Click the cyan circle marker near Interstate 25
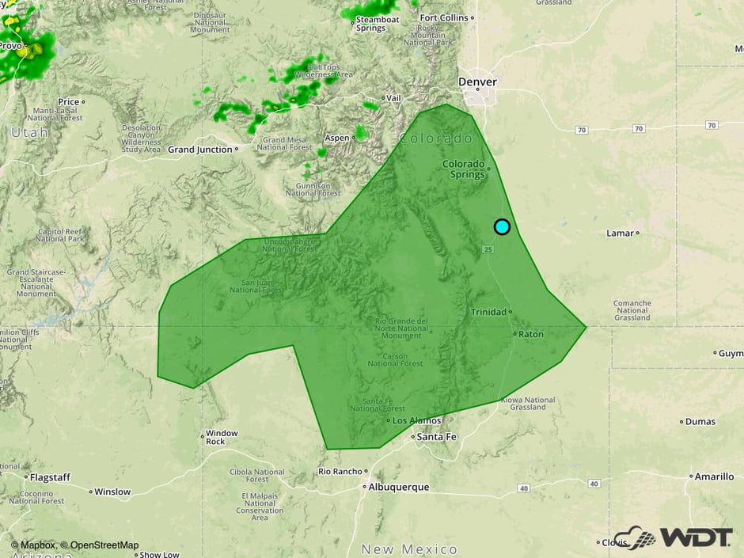502,226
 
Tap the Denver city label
477,82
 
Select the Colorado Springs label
463,169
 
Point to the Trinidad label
488,312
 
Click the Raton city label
530,334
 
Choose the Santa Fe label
435,437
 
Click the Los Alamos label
415,419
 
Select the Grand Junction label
200,149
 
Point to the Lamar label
620,233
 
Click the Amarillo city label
714,476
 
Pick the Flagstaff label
50,477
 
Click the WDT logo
674,537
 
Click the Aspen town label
336,138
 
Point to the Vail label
393,98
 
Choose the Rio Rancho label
340,471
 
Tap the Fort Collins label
444,17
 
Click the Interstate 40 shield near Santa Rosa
524,488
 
